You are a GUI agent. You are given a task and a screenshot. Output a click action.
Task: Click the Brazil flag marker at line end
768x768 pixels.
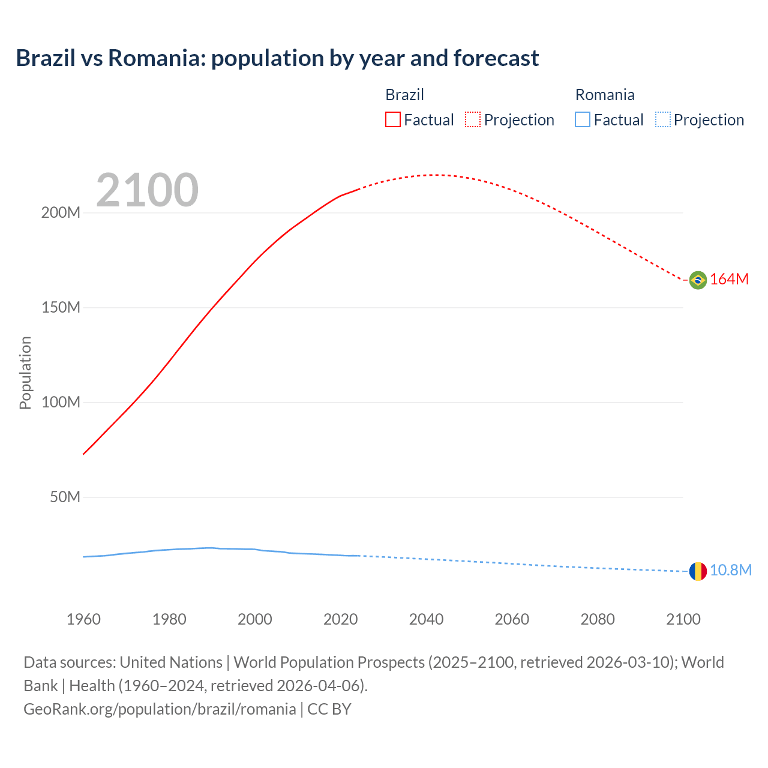point(698,280)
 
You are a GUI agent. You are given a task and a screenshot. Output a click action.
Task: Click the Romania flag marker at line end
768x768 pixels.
point(698,571)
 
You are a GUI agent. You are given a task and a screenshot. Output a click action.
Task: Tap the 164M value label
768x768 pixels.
point(729,280)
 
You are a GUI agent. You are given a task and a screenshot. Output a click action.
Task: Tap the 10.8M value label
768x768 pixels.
point(730,571)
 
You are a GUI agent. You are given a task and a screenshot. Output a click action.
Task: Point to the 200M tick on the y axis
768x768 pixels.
point(61,213)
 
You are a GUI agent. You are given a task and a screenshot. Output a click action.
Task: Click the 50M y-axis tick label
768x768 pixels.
point(65,497)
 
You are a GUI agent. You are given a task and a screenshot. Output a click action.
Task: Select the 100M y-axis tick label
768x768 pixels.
point(61,403)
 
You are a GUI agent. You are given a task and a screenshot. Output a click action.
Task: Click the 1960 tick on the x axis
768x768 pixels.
point(83,619)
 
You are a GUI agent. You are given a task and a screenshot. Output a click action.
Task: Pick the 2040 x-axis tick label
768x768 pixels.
point(426,619)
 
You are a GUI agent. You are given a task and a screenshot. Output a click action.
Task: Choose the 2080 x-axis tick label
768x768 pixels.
point(598,619)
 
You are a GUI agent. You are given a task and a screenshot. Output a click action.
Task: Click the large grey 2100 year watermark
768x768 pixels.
point(147,190)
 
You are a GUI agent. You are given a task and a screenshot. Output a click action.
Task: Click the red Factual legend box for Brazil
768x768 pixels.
point(393,119)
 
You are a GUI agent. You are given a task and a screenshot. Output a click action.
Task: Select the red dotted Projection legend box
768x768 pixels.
point(473,119)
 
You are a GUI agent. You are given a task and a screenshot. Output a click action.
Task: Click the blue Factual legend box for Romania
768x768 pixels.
point(583,119)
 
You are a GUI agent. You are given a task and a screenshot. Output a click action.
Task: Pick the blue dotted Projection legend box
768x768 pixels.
point(662,119)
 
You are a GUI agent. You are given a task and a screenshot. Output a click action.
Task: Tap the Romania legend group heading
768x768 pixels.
point(605,95)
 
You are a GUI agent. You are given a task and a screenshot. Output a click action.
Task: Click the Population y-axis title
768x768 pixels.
point(25,373)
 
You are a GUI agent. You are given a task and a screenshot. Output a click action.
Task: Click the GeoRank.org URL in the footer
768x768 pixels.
point(160,709)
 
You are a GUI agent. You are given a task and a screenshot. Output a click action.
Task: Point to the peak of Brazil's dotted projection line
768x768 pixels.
point(434,175)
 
